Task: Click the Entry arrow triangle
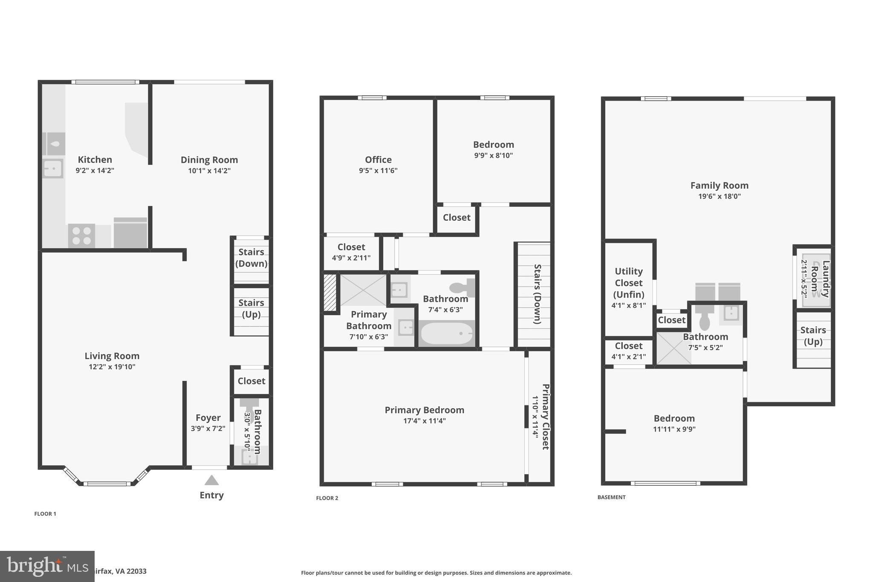tap(211, 481)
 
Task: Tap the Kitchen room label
tap(95, 159)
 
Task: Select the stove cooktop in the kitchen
tap(81, 236)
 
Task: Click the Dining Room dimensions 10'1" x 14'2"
tap(209, 171)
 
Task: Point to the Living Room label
tap(112, 356)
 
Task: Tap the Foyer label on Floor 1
tap(208, 417)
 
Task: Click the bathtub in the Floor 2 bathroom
tap(446, 333)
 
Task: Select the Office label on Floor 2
tap(378, 159)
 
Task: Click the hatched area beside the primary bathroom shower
tap(330, 292)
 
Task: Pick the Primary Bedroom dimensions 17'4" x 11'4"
tap(424, 421)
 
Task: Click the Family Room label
tap(719, 185)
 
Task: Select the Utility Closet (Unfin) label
tap(628, 283)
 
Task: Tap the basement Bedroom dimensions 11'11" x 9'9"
tap(674, 429)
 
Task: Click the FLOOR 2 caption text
tap(327, 498)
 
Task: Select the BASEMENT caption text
tap(611, 497)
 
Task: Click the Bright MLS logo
tap(47, 566)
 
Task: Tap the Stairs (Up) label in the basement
tap(812, 336)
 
